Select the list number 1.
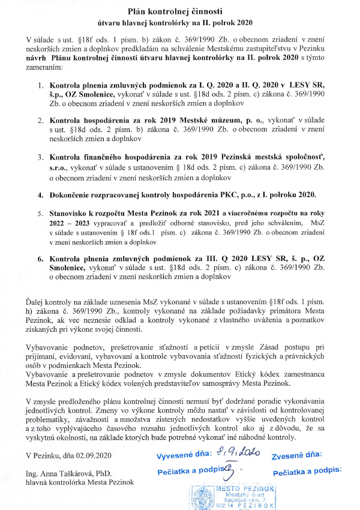pyautogui.click(x=40, y=86)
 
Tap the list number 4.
pyautogui.click(x=40, y=195)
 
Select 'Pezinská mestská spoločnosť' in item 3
pyautogui.click(x=250, y=157)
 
